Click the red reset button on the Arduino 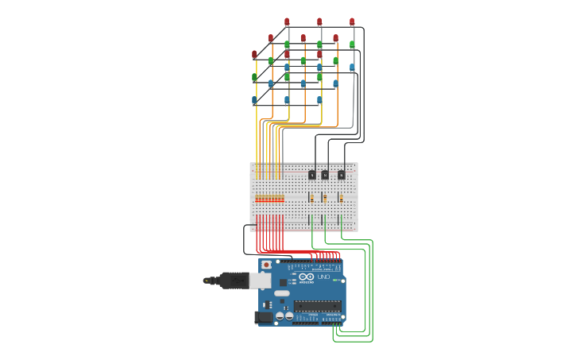(x=265, y=265)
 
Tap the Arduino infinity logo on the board (x=307, y=277)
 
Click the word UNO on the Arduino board (x=323, y=277)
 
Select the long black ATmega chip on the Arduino (x=317, y=306)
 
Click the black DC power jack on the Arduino (x=262, y=318)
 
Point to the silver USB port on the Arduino (x=260, y=280)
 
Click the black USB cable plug (x=234, y=280)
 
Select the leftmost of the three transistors (x=312, y=175)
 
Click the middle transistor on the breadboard (x=325, y=175)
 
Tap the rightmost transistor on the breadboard (x=342, y=175)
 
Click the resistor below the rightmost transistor (x=341, y=198)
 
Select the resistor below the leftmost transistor (x=312, y=198)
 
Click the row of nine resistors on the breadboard (x=269, y=199)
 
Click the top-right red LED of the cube (x=352, y=22)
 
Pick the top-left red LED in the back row (x=287, y=22)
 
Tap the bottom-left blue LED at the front (x=254, y=101)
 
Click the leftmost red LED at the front (x=254, y=55)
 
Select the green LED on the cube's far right (x=352, y=45)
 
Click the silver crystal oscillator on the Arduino (x=282, y=294)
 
